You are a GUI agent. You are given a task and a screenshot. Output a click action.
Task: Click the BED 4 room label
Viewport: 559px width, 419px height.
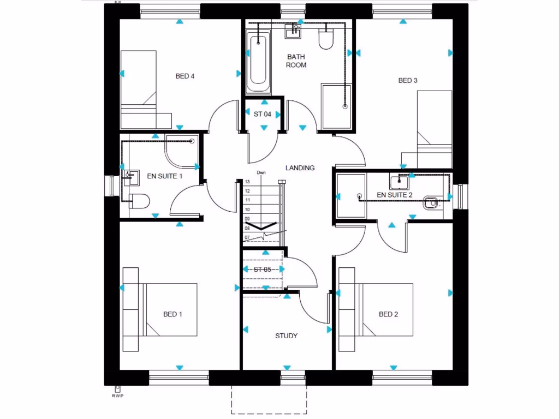pos(185,76)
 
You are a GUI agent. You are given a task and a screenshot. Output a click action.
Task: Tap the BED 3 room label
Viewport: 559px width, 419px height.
pos(408,81)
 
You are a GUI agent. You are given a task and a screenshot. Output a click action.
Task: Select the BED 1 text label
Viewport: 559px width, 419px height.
pos(173,314)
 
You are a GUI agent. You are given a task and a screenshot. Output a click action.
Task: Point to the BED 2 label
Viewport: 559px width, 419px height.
pos(389,314)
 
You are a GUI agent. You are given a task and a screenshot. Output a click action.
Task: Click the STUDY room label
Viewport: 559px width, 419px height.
pos(286,336)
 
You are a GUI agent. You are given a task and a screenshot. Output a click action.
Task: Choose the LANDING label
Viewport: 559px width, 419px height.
pos(300,168)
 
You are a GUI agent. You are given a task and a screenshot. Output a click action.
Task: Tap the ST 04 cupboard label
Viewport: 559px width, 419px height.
pos(263,115)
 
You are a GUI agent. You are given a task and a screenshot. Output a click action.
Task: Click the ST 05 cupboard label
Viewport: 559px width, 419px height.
pos(262,270)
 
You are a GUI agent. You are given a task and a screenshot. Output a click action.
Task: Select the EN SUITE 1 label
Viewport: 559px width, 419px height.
pos(165,176)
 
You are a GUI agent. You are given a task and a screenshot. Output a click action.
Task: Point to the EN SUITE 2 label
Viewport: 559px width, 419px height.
pos(395,195)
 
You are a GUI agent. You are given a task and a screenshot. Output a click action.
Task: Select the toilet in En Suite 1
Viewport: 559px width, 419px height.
pos(139,201)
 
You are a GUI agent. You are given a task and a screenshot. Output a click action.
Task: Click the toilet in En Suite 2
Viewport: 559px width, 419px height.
pos(432,203)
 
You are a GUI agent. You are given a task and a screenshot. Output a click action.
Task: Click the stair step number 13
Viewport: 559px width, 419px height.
pos(247,182)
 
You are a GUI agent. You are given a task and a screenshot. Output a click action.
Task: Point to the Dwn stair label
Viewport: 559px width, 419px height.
pos(261,173)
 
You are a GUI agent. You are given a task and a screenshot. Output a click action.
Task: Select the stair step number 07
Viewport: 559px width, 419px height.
pos(247,238)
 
